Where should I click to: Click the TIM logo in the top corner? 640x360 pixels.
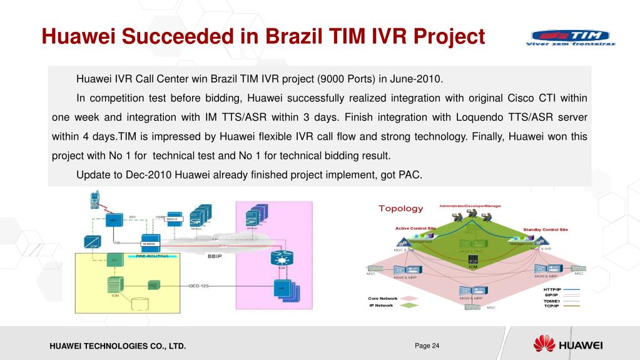pos(570,38)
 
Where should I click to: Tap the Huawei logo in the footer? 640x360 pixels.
pos(568,344)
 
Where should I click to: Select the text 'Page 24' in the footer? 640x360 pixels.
pos(427,345)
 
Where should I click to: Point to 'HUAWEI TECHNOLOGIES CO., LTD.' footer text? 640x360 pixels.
pos(118,346)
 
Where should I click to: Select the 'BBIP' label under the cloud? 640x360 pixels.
pos(215,256)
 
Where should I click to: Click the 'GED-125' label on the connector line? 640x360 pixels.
pos(199,285)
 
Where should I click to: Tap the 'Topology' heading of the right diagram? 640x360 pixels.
pos(400,208)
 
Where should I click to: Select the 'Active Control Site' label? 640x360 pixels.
pos(415,229)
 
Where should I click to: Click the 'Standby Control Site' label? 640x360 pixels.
pos(546,230)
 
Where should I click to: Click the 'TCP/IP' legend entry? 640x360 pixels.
pos(551,306)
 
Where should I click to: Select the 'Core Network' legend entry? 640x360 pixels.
pos(383,299)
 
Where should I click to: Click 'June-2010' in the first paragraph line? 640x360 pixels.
pos(420,80)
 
